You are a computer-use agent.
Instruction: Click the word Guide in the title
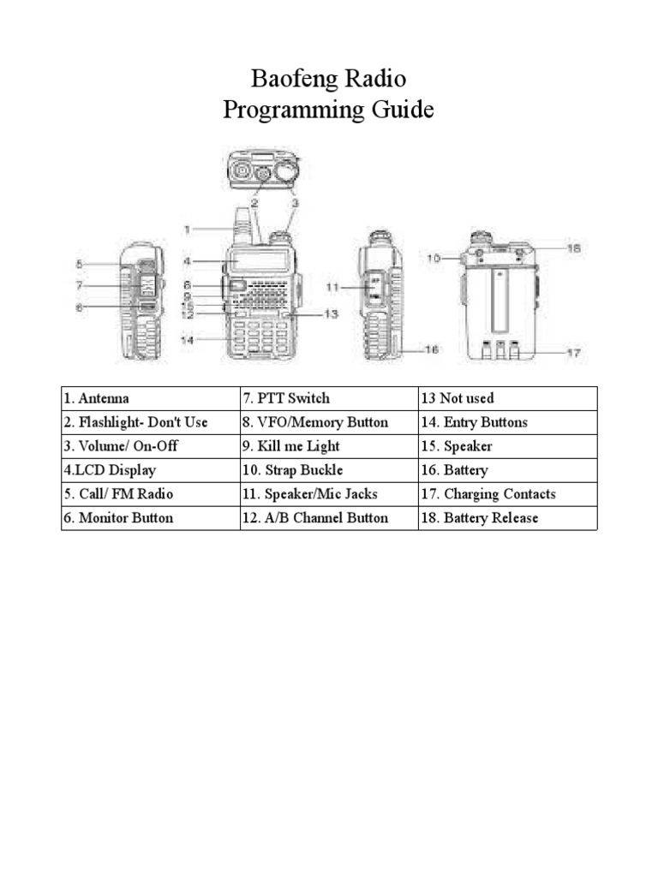[x=403, y=110]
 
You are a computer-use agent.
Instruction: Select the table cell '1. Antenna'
[x=151, y=398]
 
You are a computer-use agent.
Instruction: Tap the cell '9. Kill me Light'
[x=329, y=446]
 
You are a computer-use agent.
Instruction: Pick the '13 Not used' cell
[x=507, y=398]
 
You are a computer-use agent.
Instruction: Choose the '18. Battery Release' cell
[x=507, y=518]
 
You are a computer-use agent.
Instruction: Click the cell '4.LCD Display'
[x=151, y=470]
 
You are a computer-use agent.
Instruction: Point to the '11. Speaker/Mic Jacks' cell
[x=329, y=494]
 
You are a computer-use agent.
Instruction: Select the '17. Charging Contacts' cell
[x=507, y=494]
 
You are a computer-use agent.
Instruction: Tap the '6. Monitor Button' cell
[x=151, y=518]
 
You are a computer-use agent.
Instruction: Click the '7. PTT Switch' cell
[x=329, y=398]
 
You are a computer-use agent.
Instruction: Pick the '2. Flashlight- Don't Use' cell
[x=151, y=422]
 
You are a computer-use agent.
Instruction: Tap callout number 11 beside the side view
[x=332, y=287]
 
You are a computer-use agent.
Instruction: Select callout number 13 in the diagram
[x=331, y=314]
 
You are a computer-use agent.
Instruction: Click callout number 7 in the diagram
[x=79, y=285]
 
